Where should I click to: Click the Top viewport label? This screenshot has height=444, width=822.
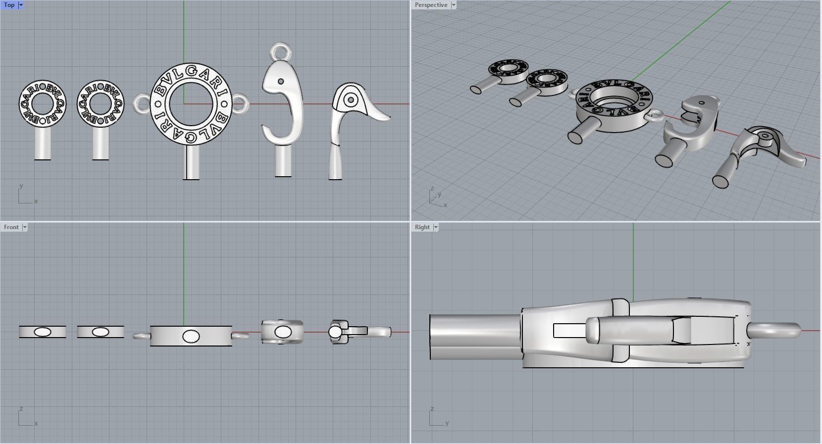pyautogui.click(x=9, y=5)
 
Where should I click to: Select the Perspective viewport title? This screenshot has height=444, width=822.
pyautogui.click(x=431, y=5)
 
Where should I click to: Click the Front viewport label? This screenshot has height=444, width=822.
pyautogui.click(x=11, y=227)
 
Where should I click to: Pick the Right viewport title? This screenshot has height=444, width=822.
pyautogui.click(x=422, y=227)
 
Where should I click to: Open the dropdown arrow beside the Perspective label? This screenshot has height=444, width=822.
pyautogui.click(x=454, y=5)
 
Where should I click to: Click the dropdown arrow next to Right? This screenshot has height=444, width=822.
pyautogui.click(x=436, y=227)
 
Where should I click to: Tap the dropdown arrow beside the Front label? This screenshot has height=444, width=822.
pyautogui.click(x=25, y=227)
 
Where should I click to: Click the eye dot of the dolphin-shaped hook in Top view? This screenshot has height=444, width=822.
pyautogui.click(x=281, y=81)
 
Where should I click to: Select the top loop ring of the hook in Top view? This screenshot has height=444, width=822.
pyautogui.click(x=280, y=51)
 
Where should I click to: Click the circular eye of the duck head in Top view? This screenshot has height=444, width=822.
pyautogui.click(x=351, y=100)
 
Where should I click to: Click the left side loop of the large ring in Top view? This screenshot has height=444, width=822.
pyautogui.click(x=141, y=103)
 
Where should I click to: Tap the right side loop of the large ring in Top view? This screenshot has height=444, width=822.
pyautogui.click(x=241, y=103)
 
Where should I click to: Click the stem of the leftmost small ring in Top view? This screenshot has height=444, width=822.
pyautogui.click(x=43, y=144)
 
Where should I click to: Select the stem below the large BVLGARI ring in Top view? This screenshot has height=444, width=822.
pyautogui.click(x=191, y=163)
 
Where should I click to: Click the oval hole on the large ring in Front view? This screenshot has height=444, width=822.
pyautogui.click(x=191, y=337)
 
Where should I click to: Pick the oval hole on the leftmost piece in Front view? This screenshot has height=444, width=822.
pyautogui.click(x=43, y=332)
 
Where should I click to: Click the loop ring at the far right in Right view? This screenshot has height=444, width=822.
pyautogui.click(x=777, y=331)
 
